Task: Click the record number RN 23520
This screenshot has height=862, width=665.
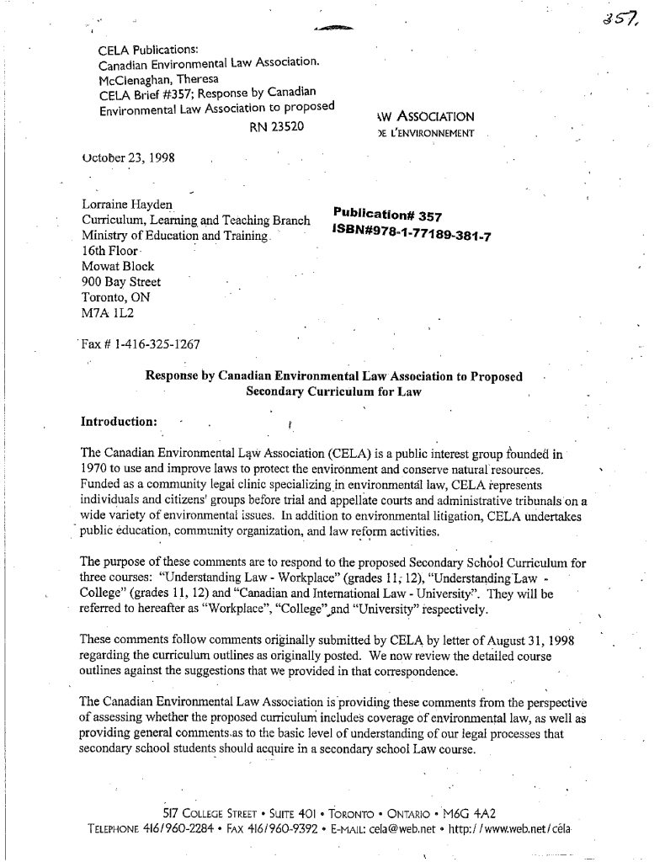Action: pos(276,128)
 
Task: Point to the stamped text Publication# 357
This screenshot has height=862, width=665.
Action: pos(388,215)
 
